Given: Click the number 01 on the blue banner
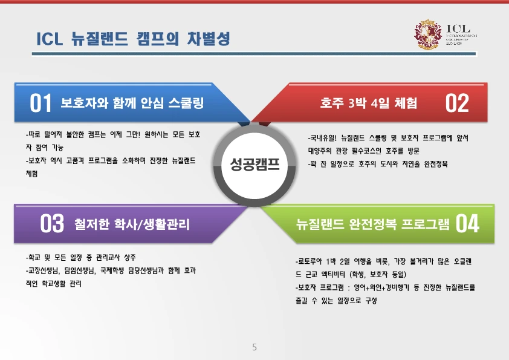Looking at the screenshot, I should point(41,103).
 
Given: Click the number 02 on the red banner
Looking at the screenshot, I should point(457,103).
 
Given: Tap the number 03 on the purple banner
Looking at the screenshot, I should point(52,224).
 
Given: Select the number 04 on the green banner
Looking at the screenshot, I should point(467,223).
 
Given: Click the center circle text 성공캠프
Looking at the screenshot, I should point(254,164).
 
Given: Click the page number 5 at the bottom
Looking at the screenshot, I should point(254,347).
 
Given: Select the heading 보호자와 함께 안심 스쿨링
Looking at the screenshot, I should point(132,103).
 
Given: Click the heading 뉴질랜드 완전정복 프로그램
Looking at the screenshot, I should point(373,224).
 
